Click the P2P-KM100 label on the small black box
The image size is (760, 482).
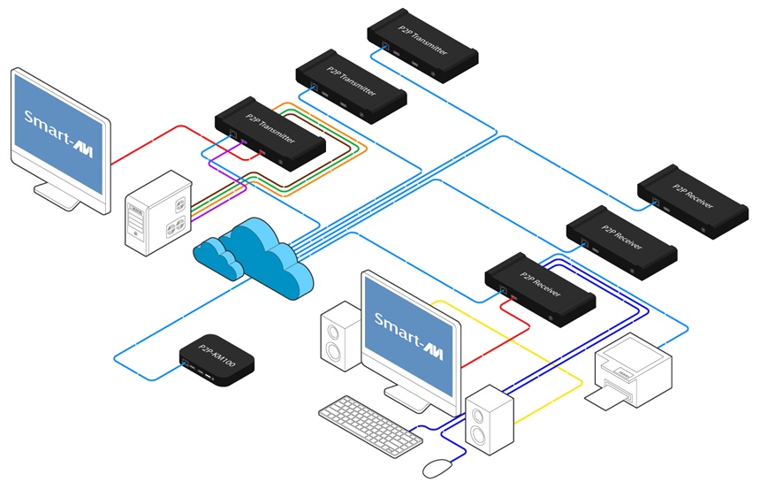(x=217, y=356)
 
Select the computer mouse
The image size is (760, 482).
(x=438, y=468)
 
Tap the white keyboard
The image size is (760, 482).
(x=370, y=425)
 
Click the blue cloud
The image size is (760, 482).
(x=254, y=258)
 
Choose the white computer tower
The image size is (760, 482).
(x=158, y=212)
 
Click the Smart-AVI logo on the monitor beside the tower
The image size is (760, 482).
(x=58, y=134)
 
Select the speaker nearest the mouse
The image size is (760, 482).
(x=489, y=420)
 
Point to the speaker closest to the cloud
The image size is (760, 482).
(x=341, y=336)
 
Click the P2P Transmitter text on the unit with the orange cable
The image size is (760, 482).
(x=270, y=128)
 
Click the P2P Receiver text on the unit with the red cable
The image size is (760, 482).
(x=541, y=284)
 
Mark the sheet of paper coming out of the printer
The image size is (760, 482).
(x=607, y=399)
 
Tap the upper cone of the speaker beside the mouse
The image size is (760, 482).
(x=478, y=416)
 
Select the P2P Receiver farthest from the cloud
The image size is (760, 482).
(x=693, y=201)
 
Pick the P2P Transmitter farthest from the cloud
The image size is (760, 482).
(x=422, y=45)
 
